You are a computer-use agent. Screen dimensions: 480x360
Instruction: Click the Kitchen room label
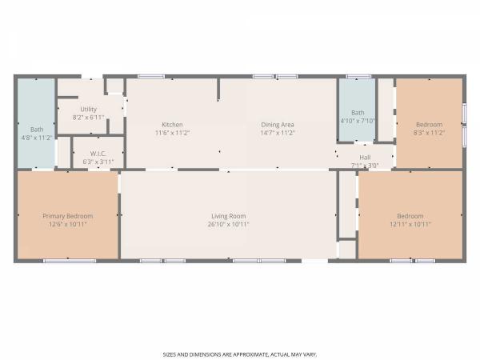(172, 125)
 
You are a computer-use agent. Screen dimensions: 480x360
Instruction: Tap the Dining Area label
(278, 125)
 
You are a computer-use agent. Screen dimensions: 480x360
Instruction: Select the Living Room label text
(228, 216)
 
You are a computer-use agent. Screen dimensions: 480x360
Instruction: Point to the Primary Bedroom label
(68, 216)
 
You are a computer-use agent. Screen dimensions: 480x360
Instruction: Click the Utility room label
(89, 110)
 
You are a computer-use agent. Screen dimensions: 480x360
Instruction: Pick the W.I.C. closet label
(98, 154)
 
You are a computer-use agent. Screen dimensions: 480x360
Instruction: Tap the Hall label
(365, 158)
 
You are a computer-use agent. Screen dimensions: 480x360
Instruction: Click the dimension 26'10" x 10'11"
(228, 224)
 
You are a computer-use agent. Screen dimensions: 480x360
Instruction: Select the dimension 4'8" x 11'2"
(37, 138)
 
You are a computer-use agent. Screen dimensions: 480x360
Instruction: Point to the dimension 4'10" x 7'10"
(358, 121)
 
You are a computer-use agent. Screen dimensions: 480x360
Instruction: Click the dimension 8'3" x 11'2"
(429, 133)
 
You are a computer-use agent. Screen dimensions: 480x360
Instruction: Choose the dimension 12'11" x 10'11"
(410, 224)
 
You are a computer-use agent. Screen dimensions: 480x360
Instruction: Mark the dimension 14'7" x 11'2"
(278, 133)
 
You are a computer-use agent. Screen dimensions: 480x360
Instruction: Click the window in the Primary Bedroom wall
(70, 261)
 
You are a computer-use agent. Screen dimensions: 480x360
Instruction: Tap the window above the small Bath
(358, 77)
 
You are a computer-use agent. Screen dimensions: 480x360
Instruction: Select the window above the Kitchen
(151, 77)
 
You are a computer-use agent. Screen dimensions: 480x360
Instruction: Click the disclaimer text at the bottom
(240, 354)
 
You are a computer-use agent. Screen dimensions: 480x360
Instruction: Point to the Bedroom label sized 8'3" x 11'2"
(429, 125)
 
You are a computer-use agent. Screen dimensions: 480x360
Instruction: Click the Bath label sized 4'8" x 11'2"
(37, 130)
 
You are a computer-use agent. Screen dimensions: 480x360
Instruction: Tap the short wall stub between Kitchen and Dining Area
(218, 90)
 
